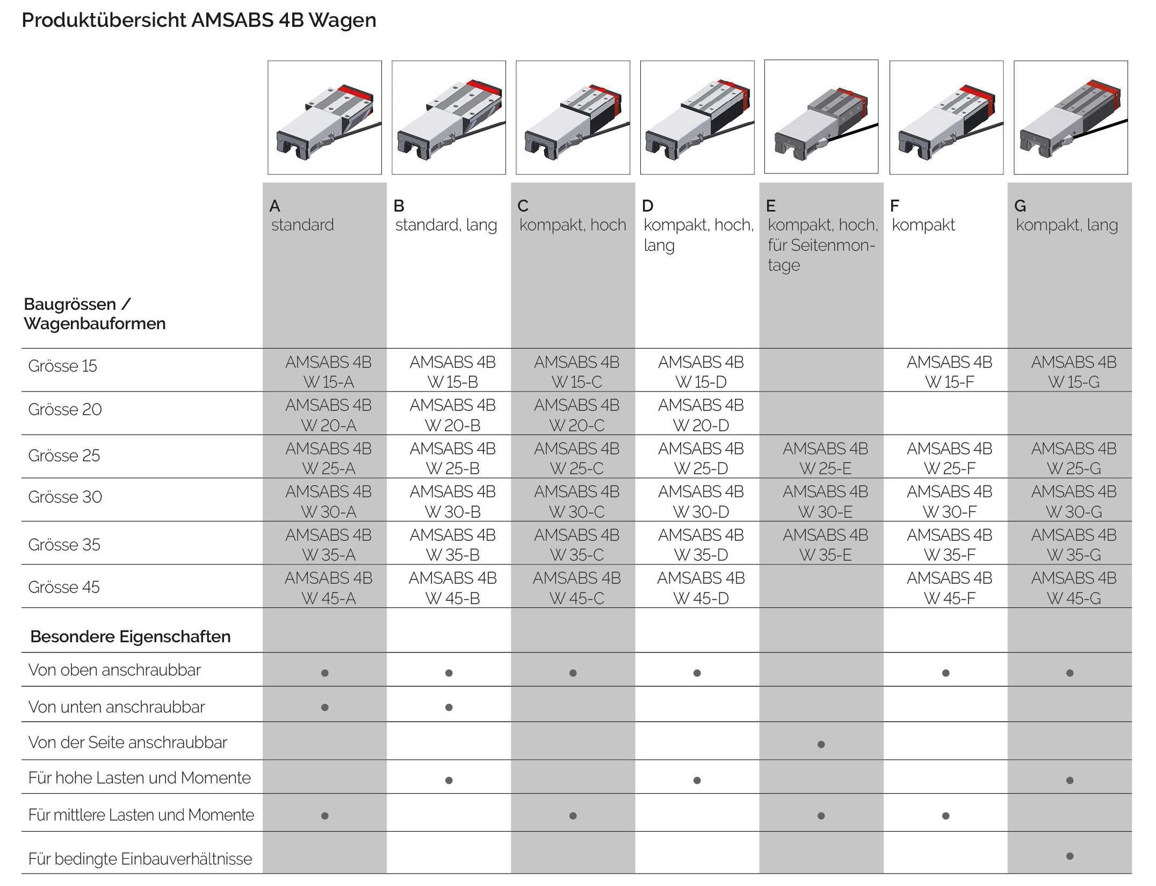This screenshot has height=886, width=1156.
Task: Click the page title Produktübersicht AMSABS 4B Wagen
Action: point(199,20)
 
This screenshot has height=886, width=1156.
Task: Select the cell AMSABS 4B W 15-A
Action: point(328,372)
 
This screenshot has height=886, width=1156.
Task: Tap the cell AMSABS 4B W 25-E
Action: point(825,458)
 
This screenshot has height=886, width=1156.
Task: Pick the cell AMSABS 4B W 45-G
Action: point(1073,588)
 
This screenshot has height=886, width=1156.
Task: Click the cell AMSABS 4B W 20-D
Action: point(700,415)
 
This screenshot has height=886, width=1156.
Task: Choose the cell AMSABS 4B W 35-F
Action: point(949,544)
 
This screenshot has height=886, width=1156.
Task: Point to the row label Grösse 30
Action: point(65,497)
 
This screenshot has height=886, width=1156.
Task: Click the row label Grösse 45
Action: point(64,587)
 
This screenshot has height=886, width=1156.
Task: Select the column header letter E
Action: point(770,206)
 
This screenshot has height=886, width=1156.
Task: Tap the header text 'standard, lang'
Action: point(446,224)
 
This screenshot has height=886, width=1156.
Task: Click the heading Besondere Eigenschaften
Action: point(131,636)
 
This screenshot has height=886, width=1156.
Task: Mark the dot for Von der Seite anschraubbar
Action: point(821,744)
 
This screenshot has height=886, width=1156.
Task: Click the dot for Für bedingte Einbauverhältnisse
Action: point(1070,856)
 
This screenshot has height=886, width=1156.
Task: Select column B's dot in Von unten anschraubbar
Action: point(449,707)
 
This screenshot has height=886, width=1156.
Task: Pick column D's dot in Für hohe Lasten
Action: point(697,780)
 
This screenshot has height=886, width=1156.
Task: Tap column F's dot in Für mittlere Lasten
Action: point(945,816)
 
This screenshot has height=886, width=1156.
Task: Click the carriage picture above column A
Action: point(324,118)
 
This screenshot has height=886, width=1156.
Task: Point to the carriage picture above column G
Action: point(1070,118)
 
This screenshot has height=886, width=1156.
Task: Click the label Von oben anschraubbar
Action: point(114,670)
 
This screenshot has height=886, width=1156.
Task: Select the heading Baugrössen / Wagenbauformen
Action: point(95,314)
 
